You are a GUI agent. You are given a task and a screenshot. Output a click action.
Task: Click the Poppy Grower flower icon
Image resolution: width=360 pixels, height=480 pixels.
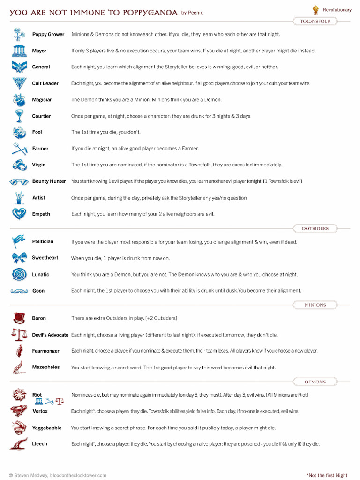19,34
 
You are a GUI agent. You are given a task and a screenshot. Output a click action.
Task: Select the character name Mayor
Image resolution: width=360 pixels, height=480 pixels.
39,51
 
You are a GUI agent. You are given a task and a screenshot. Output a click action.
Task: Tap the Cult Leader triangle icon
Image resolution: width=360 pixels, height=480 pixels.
19,83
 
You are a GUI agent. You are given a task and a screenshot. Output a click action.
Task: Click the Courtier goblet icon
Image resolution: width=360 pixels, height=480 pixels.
19,116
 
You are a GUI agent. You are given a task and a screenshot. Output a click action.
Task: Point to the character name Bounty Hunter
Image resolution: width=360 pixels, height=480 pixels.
49,181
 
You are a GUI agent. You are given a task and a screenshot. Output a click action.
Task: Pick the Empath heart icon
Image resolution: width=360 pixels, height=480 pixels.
19,214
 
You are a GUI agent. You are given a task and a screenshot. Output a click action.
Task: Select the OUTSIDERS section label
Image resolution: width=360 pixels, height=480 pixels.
315,228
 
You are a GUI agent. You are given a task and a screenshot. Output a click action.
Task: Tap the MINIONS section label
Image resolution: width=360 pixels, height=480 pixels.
315,305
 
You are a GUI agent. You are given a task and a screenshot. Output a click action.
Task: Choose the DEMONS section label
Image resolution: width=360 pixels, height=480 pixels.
315,382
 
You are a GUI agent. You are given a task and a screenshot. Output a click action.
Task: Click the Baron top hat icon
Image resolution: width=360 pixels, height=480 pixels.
19,318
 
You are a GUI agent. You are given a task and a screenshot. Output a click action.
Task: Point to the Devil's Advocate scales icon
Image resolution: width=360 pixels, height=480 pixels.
19,335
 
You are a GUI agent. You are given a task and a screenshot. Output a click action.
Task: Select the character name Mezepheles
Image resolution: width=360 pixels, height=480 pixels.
46,367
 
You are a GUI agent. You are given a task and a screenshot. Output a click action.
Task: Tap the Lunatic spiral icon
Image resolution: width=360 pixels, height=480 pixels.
19,274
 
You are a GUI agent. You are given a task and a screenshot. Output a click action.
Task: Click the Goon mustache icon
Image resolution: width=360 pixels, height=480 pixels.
19,291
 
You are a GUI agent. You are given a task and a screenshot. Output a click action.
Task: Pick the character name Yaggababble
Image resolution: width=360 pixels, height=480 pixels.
47,428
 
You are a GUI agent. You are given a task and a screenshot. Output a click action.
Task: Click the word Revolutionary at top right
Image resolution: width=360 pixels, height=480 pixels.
337,10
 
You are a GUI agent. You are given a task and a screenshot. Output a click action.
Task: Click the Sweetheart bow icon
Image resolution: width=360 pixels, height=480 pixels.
19,258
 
